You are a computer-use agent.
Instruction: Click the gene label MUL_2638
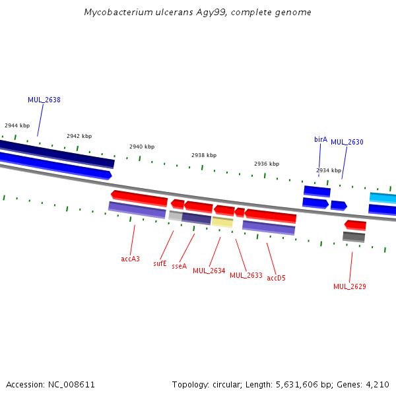(44, 100)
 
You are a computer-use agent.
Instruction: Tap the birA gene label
(321, 139)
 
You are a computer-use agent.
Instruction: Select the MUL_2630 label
(347, 142)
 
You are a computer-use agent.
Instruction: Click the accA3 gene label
(130, 259)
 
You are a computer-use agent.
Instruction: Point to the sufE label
(160, 263)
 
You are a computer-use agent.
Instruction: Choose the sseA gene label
(180, 266)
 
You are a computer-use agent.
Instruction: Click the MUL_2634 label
(209, 271)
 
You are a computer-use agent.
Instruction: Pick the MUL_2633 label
(246, 275)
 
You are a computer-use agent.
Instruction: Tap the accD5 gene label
(276, 278)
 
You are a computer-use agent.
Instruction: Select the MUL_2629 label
(350, 286)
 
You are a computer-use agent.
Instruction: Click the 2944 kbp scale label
(17, 125)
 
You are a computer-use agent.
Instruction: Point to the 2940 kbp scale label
(142, 147)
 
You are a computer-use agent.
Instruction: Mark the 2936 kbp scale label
(267, 164)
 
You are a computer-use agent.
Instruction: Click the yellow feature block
(222, 222)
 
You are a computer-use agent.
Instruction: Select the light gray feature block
(176, 216)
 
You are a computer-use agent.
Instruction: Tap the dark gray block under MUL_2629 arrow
(354, 237)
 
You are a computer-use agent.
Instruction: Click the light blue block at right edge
(383, 198)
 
